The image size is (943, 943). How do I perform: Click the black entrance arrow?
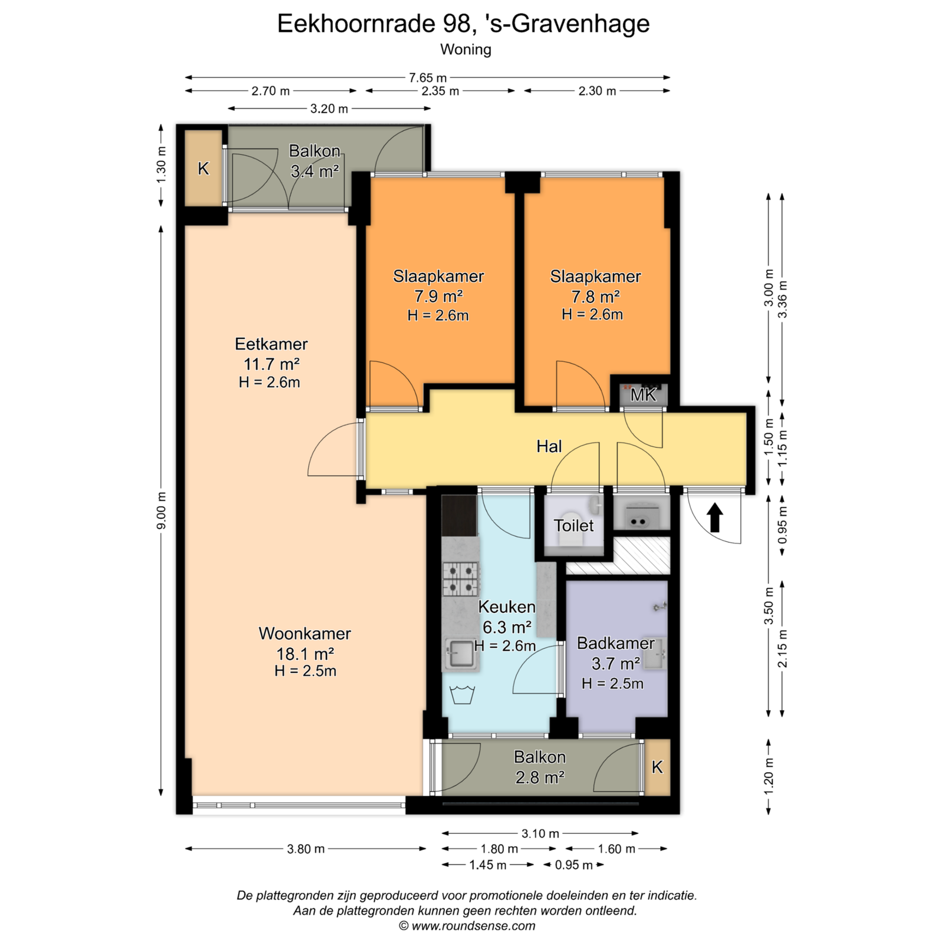point(715,517)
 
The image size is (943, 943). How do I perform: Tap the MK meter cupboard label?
point(643,395)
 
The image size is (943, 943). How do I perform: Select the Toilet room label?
point(573,525)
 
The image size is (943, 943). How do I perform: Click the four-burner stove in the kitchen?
point(460,579)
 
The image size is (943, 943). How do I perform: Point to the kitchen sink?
point(460,655)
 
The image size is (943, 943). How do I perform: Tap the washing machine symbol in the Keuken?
point(462,694)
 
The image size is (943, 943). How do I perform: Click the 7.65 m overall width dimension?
point(428,77)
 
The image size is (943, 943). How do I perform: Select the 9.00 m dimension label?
point(161,510)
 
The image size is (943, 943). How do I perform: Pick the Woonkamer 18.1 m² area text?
point(305,654)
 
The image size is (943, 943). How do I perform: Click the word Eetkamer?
point(271,344)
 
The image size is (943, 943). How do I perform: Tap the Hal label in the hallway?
point(549,446)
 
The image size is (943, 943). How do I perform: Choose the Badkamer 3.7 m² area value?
point(616,664)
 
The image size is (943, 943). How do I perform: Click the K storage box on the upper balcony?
point(203,169)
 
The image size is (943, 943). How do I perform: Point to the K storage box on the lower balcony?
point(658,767)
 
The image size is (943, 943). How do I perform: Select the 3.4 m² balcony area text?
point(315,172)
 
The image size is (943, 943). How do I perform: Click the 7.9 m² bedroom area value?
point(438,296)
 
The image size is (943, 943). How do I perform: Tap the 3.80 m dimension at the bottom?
point(306,849)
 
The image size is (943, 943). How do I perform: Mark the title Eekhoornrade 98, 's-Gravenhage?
point(463,24)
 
